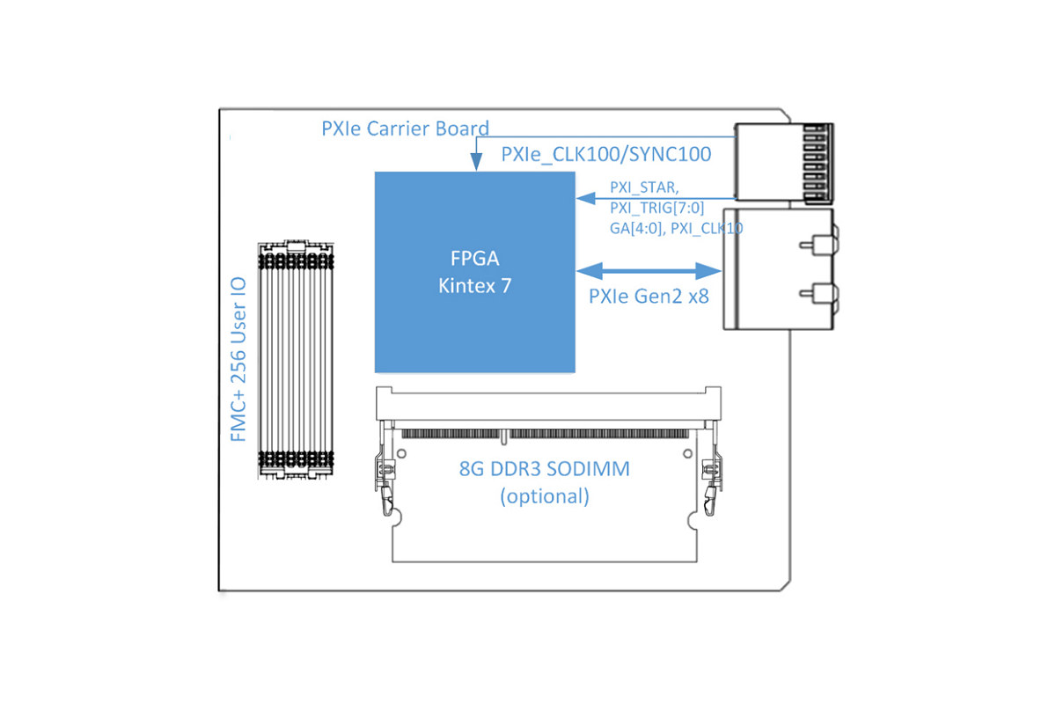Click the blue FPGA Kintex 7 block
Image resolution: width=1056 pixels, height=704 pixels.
[x=474, y=272]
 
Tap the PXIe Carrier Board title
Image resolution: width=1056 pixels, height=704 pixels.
[x=406, y=128]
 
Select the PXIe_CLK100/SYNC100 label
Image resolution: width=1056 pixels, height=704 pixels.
[x=606, y=154]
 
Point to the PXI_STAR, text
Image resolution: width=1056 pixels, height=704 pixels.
[x=644, y=187]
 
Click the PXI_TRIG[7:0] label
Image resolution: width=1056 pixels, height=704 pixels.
[x=657, y=208]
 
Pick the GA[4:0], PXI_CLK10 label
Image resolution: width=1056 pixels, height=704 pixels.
[x=677, y=229]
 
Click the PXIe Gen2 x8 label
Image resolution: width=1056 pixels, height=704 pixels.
[x=649, y=297]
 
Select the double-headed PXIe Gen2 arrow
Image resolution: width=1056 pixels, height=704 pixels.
[x=649, y=271]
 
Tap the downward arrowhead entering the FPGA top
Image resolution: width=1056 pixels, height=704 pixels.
[x=477, y=162]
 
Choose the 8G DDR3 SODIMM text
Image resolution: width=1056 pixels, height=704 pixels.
[x=545, y=469]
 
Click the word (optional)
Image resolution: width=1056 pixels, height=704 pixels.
[x=545, y=496]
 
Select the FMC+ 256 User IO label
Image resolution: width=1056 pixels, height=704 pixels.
[x=238, y=359]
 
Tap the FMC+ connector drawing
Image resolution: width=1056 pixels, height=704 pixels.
[x=296, y=360]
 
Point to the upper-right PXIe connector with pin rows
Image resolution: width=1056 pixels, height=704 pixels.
[x=784, y=163]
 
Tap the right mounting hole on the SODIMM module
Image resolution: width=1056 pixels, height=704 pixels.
[x=688, y=453]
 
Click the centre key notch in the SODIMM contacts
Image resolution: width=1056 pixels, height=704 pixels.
[x=504, y=437]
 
